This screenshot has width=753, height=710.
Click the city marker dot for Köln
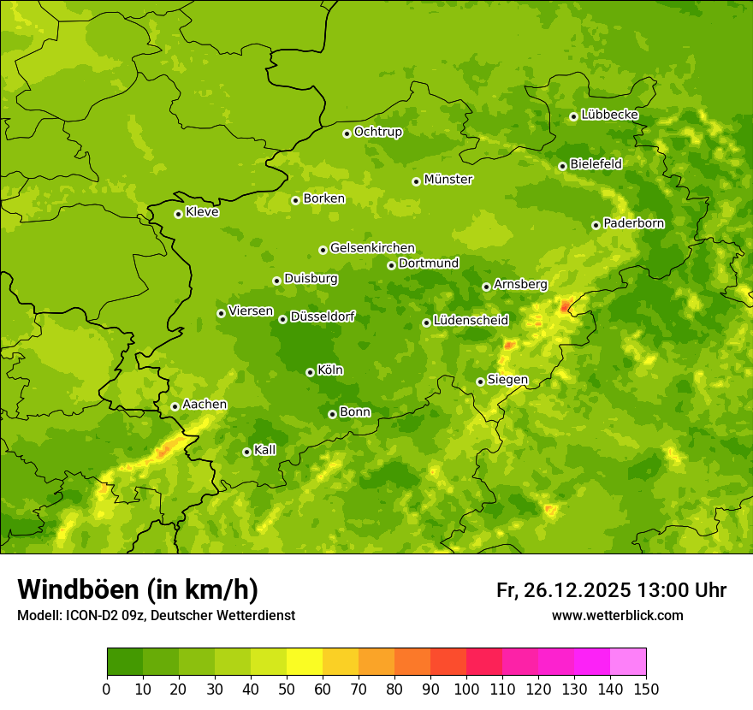pos(310,372)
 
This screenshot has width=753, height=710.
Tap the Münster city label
pos(448,180)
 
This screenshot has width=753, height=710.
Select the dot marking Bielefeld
pos(562,166)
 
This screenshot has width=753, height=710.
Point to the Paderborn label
pos(634,223)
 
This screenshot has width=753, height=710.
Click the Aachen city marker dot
pos(175,406)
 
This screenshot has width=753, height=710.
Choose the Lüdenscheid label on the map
pos(471,321)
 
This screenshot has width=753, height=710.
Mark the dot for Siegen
pos(480,382)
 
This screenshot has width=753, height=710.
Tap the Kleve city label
pos(202,212)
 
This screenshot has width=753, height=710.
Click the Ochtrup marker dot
pos(347,133)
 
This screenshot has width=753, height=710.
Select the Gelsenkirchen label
pos(372,248)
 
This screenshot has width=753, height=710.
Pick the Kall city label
pos(265,450)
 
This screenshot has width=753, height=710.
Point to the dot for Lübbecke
pos(573,116)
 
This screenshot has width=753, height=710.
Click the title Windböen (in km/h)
pos(138,589)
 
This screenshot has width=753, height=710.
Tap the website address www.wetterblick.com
pos(617,615)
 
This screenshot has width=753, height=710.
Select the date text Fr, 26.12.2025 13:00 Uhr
pos(611,590)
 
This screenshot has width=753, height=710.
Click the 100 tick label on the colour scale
pos(466,689)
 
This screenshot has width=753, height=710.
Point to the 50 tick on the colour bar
pos(287,689)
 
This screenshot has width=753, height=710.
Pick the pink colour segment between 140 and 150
pos(628,662)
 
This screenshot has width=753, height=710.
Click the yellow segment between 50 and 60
pos(305,662)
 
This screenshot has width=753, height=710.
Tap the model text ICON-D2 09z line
pos(156,615)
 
